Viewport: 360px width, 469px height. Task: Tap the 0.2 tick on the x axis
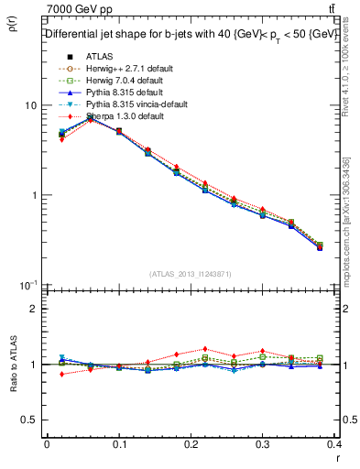pyautogui.click(x=191, y=444)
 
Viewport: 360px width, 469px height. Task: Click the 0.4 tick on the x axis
pyautogui.click(x=334, y=444)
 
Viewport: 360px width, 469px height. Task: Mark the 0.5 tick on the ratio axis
pyautogui.click(x=28, y=420)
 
